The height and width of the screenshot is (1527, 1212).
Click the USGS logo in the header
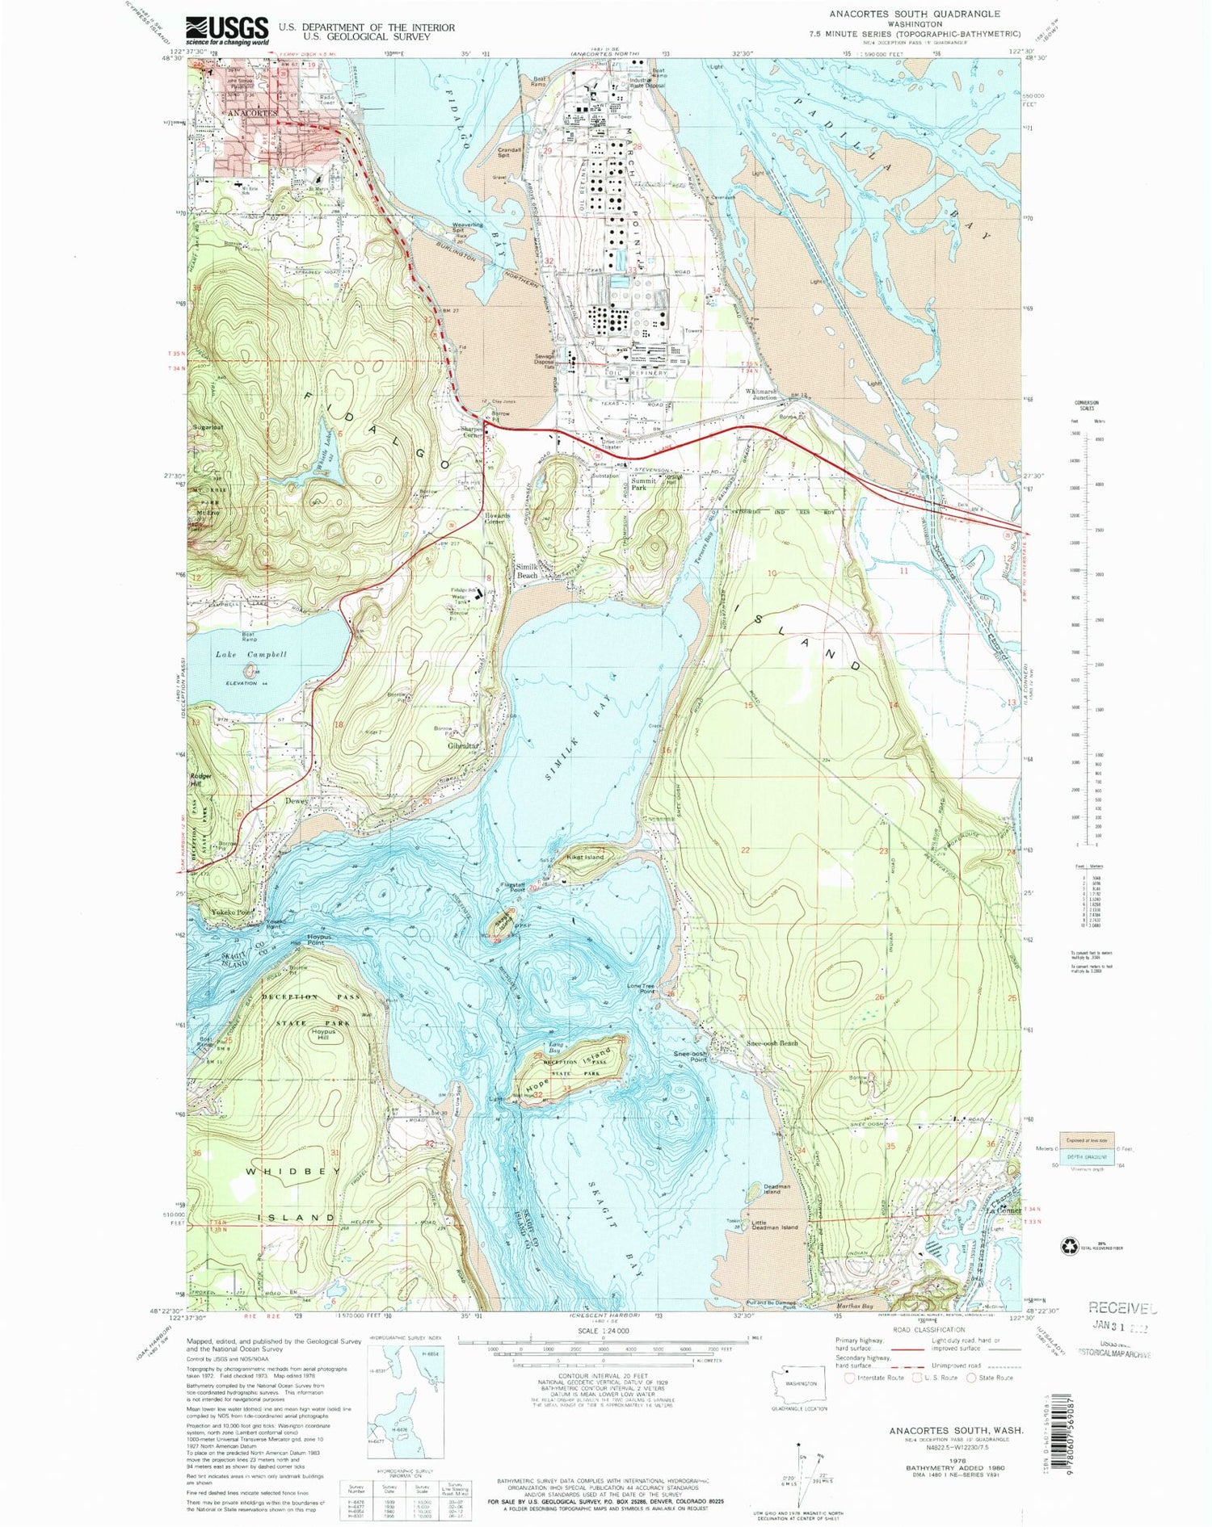pos(226,31)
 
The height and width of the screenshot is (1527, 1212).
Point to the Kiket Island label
pos(585,857)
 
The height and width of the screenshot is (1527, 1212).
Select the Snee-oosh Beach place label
pos(772,1043)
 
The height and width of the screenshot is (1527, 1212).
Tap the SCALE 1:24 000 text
pos(602,1330)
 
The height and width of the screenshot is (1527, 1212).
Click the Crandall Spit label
pos(509,153)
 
